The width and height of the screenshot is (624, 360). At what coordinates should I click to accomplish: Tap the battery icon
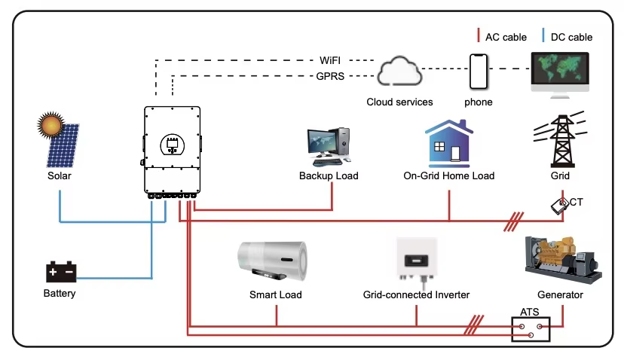[x=61, y=272]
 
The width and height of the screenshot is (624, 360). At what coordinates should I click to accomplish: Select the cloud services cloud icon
[x=399, y=72]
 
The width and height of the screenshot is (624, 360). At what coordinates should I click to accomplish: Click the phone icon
[x=479, y=72]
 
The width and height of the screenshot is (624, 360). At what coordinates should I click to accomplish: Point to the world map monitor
[x=560, y=75]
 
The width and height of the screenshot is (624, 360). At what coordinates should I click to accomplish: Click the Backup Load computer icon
[x=329, y=146]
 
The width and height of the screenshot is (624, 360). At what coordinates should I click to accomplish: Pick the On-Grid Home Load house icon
[x=449, y=143]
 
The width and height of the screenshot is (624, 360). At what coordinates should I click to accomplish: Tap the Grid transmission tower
[x=561, y=139]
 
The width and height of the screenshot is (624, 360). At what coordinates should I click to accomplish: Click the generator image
[x=563, y=260]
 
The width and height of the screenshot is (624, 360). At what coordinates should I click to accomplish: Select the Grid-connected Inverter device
[x=417, y=261]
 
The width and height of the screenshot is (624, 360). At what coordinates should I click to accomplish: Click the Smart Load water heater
[x=273, y=261]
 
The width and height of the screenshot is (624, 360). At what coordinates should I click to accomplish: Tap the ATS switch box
[x=531, y=329]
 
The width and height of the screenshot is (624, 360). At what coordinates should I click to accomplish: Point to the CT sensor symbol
[x=560, y=206]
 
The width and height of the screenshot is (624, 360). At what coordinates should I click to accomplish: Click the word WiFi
[x=330, y=60]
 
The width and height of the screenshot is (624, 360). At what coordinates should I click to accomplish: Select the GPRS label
[x=330, y=76]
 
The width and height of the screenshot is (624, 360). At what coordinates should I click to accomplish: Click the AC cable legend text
[x=506, y=37]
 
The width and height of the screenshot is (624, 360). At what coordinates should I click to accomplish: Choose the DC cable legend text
[x=571, y=37]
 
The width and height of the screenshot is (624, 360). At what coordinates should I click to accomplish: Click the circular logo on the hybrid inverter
[x=173, y=145]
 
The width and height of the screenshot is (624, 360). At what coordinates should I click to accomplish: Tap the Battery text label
[x=60, y=294]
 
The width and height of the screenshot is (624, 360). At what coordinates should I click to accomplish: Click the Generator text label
[x=560, y=294]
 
